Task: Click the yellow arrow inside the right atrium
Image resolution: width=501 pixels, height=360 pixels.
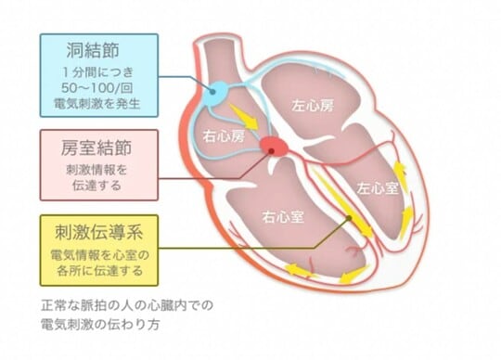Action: click(244, 115)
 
